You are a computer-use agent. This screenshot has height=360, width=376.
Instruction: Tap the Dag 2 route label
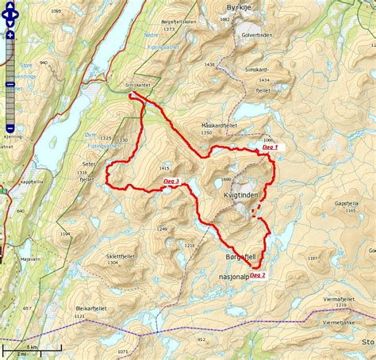pyautogui.click(x=257, y=275)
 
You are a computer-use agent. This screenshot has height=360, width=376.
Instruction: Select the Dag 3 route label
pyautogui.click(x=171, y=182)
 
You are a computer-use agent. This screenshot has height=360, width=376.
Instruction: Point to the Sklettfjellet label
pyautogui.click(x=121, y=257)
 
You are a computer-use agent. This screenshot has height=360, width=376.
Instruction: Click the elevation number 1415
pyautogui.click(x=164, y=168)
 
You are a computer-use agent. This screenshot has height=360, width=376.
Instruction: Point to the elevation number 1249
pyautogui.click(x=162, y=228)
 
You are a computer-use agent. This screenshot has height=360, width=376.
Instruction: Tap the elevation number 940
pyautogui.click(x=43, y=62)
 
